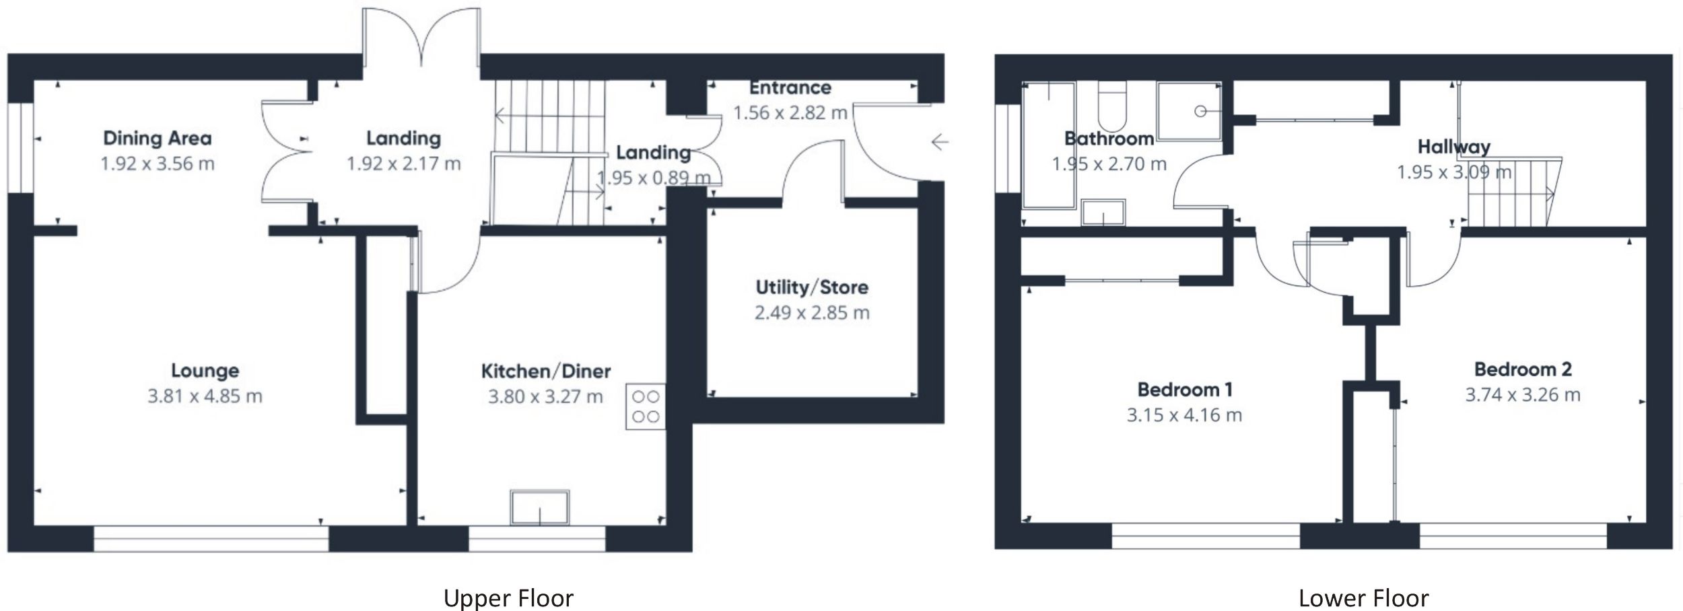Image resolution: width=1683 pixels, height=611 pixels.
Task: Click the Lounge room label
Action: click(x=205, y=371)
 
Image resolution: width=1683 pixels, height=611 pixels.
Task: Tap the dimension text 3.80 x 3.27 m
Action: click(x=545, y=397)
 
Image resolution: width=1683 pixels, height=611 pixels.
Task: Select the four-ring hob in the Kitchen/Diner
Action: click(x=646, y=406)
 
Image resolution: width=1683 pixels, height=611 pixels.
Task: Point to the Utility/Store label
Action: click(x=812, y=287)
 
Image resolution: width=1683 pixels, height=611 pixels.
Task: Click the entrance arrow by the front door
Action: click(x=940, y=142)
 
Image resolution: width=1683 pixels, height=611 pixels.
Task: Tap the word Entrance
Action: click(x=790, y=88)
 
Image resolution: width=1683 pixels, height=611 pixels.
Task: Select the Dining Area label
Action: click(x=157, y=139)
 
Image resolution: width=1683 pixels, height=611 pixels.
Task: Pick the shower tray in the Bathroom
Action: click(x=1189, y=111)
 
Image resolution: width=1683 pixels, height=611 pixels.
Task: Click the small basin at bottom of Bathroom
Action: click(x=1103, y=212)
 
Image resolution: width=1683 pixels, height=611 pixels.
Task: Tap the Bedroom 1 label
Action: click(x=1184, y=390)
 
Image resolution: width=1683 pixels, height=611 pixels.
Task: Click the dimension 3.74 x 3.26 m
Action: click(x=1523, y=395)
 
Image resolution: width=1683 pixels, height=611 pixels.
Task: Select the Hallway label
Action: click(x=1453, y=147)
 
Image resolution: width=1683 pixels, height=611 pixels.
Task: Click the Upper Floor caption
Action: click(x=508, y=598)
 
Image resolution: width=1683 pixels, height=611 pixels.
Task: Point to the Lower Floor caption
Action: click(x=1363, y=598)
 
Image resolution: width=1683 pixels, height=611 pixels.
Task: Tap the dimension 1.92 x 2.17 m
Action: click(x=403, y=164)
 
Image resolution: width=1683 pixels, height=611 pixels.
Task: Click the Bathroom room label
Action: click(x=1109, y=139)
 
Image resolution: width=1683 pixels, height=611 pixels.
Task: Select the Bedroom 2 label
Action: click(x=1523, y=369)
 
